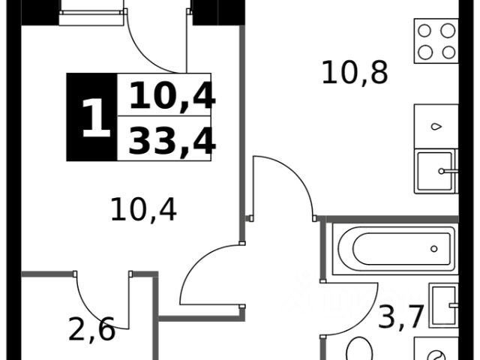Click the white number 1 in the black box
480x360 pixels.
pyautogui.click(x=93, y=118)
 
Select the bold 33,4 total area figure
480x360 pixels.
pyautogui.click(x=172, y=140)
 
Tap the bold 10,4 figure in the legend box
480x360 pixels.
pyautogui.click(x=172, y=96)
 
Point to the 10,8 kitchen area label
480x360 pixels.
pyautogui.click(x=354, y=72)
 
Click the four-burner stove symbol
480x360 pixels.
pyautogui.click(x=436, y=41)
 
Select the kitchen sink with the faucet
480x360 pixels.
pyautogui.click(x=435, y=172)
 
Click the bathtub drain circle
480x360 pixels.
pyautogui.click(x=433, y=247)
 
